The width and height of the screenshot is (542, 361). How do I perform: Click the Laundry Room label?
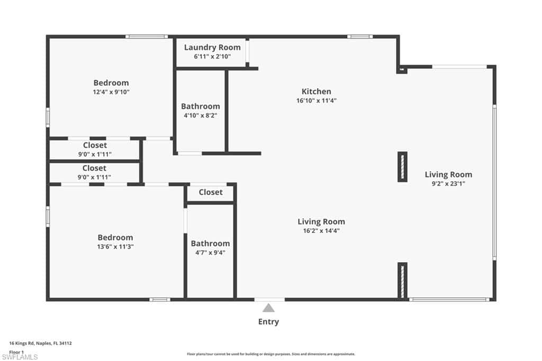click(x=212, y=47)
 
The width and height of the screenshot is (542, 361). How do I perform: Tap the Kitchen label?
click(x=317, y=91)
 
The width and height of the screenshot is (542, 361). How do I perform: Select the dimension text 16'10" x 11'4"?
click(x=317, y=101)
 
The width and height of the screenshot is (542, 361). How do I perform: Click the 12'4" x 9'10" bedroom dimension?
click(x=111, y=92)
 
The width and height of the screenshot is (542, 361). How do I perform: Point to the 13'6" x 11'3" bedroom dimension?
click(x=115, y=247)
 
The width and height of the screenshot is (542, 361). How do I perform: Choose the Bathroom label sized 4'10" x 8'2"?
click(x=201, y=106)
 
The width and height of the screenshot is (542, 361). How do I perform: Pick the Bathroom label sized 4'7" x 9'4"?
click(x=210, y=243)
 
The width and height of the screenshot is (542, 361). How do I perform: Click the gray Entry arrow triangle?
click(x=268, y=308)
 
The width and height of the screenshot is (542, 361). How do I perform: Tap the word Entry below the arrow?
click(x=268, y=322)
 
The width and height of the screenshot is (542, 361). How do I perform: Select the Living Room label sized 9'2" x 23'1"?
click(x=448, y=175)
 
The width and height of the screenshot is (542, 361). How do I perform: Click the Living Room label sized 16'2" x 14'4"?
click(x=321, y=222)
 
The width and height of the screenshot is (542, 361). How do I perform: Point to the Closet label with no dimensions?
click(x=211, y=192)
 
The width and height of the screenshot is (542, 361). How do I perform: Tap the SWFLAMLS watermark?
click(x=20, y=357)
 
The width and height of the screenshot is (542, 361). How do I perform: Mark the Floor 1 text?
click(x=16, y=352)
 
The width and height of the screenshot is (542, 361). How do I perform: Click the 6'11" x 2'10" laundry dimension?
click(x=212, y=56)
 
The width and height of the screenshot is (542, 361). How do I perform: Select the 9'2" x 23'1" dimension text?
click(x=448, y=184)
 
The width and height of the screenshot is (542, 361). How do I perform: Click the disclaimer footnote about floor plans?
click(x=271, y=354)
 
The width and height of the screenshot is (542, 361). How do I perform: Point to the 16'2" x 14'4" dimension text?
click(x=321, y=231)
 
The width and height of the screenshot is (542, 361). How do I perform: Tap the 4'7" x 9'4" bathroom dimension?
click(x=210, y=253)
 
